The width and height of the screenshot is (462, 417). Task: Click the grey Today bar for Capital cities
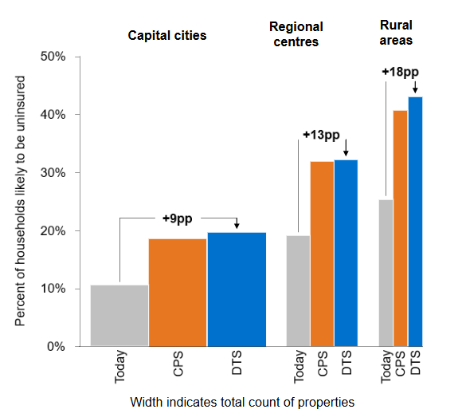[x=119, y=315]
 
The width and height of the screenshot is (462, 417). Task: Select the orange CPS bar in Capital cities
[x=178, y=292]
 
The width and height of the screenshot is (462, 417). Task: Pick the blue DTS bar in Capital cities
[x=237, y=289]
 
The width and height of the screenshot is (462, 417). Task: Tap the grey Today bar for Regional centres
[x=298, y=290]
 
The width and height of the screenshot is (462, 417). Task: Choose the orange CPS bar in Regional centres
[x=323, y=254]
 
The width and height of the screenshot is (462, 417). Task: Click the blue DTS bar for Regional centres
[x=346, y=253]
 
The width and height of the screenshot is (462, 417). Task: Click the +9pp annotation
[x=177, y=218]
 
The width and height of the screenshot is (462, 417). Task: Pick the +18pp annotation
[x=399, y=72]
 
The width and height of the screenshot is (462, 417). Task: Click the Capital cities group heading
[x=167, y=36]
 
